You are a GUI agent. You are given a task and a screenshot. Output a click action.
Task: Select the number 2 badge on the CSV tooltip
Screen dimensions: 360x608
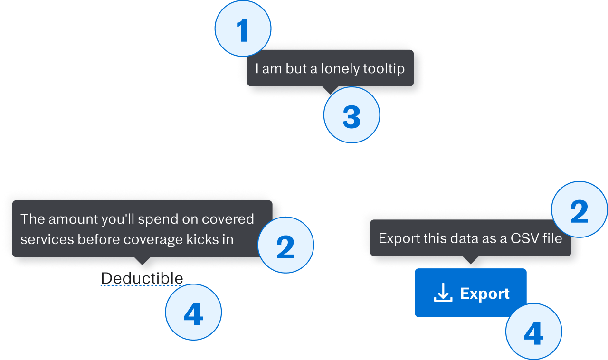pyautogui.click(x=579, y=210)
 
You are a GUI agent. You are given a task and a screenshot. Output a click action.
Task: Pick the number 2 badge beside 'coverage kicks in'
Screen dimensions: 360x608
pyautogui.click(x=285, y=245)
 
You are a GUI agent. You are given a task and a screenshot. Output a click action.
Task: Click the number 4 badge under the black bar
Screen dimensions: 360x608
pyautogui.click(x=193, y=312)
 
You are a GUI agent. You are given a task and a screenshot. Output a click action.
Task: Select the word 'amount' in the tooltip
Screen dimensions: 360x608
pyautogui.click(x=73, y=219)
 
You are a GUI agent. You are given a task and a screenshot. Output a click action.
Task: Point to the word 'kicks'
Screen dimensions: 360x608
pyautogui.click(x=201, y=239)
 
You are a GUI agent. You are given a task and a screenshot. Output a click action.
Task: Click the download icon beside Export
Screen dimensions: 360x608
pyautogui.click(x=443, y=293)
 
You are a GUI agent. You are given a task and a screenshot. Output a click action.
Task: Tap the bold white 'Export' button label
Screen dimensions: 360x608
pyautogui.click(x=484, y=294)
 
